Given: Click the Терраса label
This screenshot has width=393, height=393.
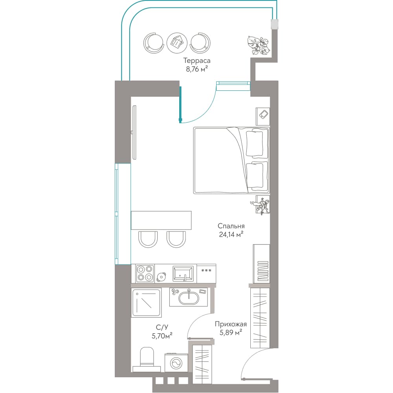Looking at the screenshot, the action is pyautogui.click(x=197, y=61).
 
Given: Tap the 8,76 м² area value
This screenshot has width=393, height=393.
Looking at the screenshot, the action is pyautogui.click(x=197, y=69).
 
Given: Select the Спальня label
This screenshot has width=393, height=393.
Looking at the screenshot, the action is pyautogui.click(x=231, y=226).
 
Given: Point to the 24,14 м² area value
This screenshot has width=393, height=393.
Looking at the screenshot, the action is pyautogui.click(x=231, y=235).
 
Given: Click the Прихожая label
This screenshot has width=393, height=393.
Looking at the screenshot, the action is pyautogui.click(x=231, y=324).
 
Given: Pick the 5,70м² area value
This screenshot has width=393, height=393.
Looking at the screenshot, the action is pyautogui.click(x=162, y=336).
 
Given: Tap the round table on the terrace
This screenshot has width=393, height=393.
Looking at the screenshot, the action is pyautogui.click(x=177, y=43).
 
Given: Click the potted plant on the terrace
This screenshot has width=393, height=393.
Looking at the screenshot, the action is pyautogui.click(x=258, y=45).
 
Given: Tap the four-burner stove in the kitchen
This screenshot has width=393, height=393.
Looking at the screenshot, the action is pyautogui.click(x=145, y=273).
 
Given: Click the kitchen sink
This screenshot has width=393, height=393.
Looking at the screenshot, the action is pyautogui.click(x=183, y=274).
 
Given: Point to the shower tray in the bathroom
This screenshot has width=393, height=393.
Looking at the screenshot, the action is pyautogui.click(x=146, y=303).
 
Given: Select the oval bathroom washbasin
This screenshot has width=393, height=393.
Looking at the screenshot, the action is pyautogui.click(x=189, y=298).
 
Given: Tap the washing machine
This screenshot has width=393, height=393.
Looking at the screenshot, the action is pyautogui.click(x=176, y=363).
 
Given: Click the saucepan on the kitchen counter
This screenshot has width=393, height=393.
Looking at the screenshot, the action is pyautogui.click(x=162, y=277).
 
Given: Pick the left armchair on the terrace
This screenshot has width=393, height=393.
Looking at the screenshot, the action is pyautogui.click(x=154, y=43).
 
